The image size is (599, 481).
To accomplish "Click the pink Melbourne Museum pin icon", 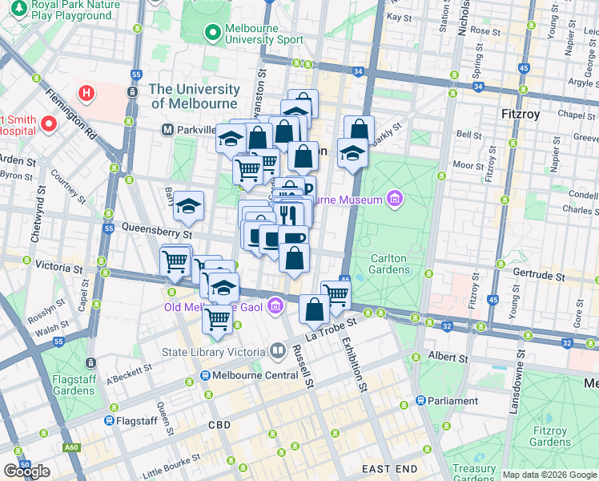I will [x=393, y=198].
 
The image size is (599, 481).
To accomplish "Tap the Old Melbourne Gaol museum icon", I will [x=275, y=305].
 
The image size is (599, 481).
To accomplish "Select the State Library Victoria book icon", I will [x=277, y=350].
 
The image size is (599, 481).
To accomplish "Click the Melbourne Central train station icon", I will [x=205, y=375].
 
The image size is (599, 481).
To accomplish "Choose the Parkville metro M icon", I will [x=169, y=129].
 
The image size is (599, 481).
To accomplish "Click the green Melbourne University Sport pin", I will [x=212, y=33].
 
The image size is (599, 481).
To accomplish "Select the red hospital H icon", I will [x=86, y=94].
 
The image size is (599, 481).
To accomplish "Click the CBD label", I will [x=219, y=425].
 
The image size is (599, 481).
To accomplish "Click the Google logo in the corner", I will [x=26, y=471].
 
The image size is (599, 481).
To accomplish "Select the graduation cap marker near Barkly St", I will [x=352, y=152].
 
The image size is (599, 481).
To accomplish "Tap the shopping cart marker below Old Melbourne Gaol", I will [x=218, y=319].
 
